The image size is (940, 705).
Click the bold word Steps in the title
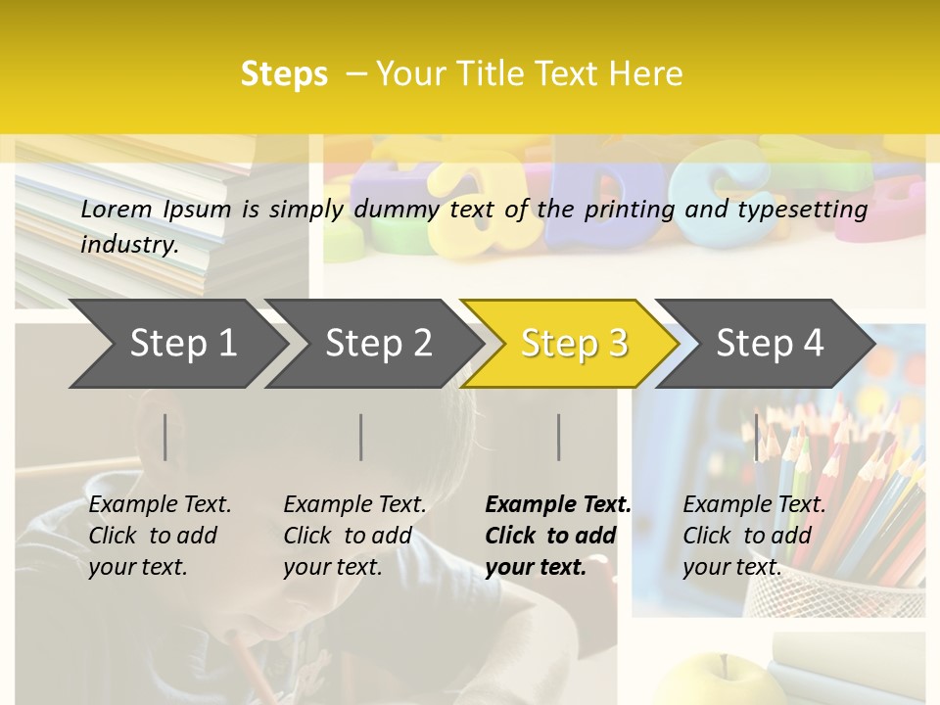[x=284, y=74]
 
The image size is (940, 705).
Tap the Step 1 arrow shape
[x=176, y=344]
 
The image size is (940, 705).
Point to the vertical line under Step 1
[x=165, y=437]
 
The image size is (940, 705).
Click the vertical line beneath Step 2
[x=361, y=437]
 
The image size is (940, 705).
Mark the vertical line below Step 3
[x=559, y=437]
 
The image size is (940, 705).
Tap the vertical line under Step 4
[x=756, y=437]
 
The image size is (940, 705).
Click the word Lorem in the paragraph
[x=117, y=209]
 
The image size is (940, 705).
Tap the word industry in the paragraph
[x=129, y=245]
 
